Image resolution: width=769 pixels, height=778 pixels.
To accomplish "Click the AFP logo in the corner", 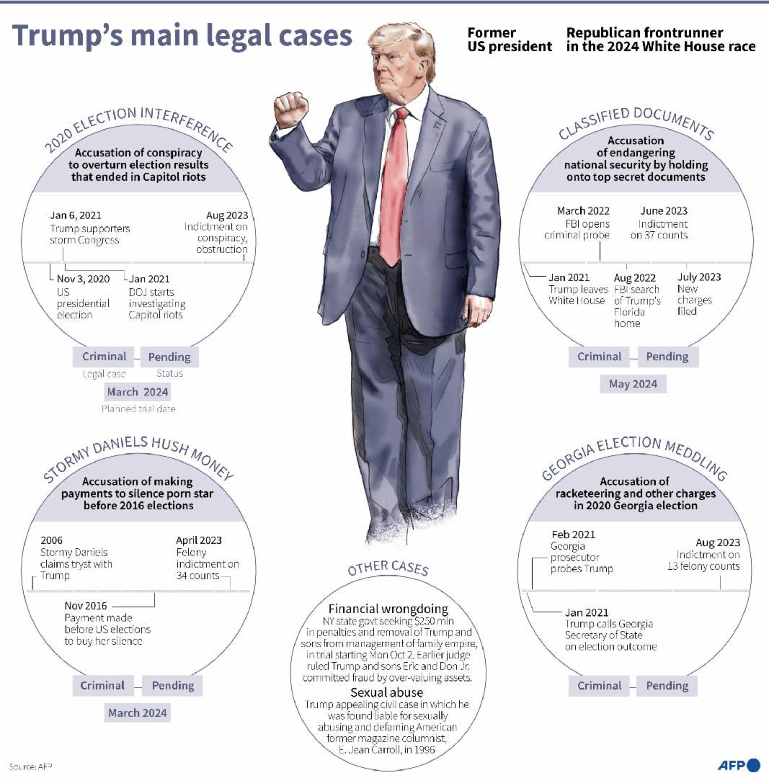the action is [x=739, y=764].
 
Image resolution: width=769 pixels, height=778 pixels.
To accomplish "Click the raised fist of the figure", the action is [x=290, y=109].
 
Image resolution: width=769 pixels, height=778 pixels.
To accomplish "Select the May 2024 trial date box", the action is [x=633, y=383].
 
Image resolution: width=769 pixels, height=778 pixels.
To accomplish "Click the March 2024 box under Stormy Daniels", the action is [x=138, y=712].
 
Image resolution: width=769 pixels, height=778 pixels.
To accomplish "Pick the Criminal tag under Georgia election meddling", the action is [x=599, y=686].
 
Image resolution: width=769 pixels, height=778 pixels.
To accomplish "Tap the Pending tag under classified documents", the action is [x=667, y=357].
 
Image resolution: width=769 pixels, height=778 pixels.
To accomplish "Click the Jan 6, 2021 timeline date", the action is [x=76, y=215].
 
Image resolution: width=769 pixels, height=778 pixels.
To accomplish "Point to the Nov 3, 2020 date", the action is [x=84, y=279].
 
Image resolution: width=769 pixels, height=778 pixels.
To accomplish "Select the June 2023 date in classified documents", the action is [x=664, y=211].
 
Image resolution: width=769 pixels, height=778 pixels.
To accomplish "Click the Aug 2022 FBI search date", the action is [x=634, y=278].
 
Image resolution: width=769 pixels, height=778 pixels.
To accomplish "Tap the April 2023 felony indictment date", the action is [x=199, y=540].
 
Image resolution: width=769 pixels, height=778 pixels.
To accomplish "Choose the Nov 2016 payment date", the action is [x=85, y=606].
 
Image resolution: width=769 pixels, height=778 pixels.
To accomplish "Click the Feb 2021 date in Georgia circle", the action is [x=573, y=535].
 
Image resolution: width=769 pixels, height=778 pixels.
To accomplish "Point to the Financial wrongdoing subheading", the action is [x=388, y=609].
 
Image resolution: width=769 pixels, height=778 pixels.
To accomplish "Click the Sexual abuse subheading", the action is [x=387, y=693].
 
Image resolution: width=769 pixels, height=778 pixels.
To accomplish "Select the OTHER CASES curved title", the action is [x=388, y=568].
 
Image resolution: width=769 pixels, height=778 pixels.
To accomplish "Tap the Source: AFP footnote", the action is [x=30, y=766].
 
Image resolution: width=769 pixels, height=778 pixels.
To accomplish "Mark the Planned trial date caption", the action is [x=138, y=409].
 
